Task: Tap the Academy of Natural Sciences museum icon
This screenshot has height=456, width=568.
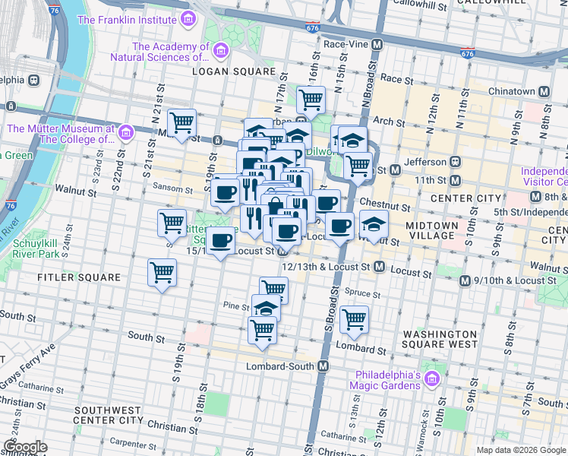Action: coord(221,50)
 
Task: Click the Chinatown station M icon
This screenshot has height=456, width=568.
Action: coord(544,91)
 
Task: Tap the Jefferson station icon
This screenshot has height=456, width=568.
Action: coord(456,162)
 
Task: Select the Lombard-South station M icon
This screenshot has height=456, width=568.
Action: coord(323,366)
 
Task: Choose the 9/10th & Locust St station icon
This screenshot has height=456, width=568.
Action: coord(465,280)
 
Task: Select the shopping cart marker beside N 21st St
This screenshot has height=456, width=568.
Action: coord(182,122)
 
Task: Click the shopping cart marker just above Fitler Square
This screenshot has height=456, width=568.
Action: coord(163,271)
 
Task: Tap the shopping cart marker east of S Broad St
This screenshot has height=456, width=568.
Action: coord(354,319)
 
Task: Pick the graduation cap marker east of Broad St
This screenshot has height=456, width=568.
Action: coord(373,224)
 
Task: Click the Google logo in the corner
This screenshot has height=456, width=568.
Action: coord(25,447)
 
